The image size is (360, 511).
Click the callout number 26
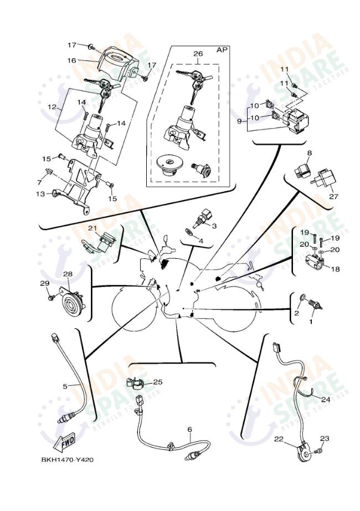tap(198, 54)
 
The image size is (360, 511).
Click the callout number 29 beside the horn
tap(45, 284)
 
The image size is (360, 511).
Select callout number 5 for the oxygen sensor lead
tap(64, 386)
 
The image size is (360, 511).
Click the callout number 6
tap(189, 430)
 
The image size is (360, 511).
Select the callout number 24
tap(326, 398)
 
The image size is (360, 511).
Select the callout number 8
tap(309, 152)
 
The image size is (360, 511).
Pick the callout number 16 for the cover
tap(71, 60)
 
